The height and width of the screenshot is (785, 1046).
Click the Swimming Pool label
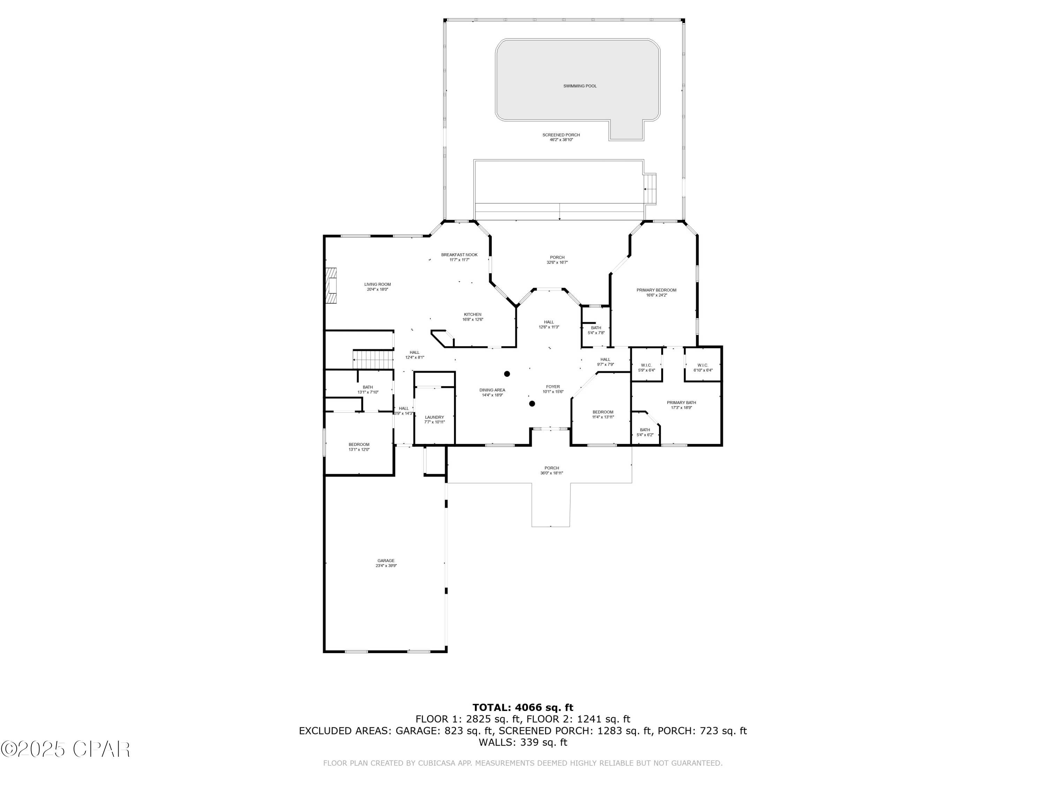point(580,86)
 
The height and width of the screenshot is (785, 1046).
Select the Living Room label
point(377,284)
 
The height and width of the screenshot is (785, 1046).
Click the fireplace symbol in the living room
point(331,286)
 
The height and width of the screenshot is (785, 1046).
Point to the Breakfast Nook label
point(459,255)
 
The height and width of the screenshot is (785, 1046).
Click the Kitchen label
point(472,314)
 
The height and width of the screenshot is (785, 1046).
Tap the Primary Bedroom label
point(656,290)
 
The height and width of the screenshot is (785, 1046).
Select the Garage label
point(386,561)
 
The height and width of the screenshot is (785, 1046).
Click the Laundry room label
point(434,417)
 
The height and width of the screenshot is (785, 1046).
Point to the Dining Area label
point(492,390)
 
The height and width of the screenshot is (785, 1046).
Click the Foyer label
point(553,387)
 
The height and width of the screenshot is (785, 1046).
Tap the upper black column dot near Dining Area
point(507,374)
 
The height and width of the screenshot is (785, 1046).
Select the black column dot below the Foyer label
point(532,404)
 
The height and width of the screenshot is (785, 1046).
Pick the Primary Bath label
point(681,403)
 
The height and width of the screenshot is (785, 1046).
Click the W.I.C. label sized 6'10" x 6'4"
point(702,365)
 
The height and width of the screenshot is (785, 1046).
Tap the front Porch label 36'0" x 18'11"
point(551,468)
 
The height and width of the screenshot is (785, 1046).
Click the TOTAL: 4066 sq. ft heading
point(523,708)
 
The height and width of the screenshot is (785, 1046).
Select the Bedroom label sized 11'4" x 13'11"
point(603,412)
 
